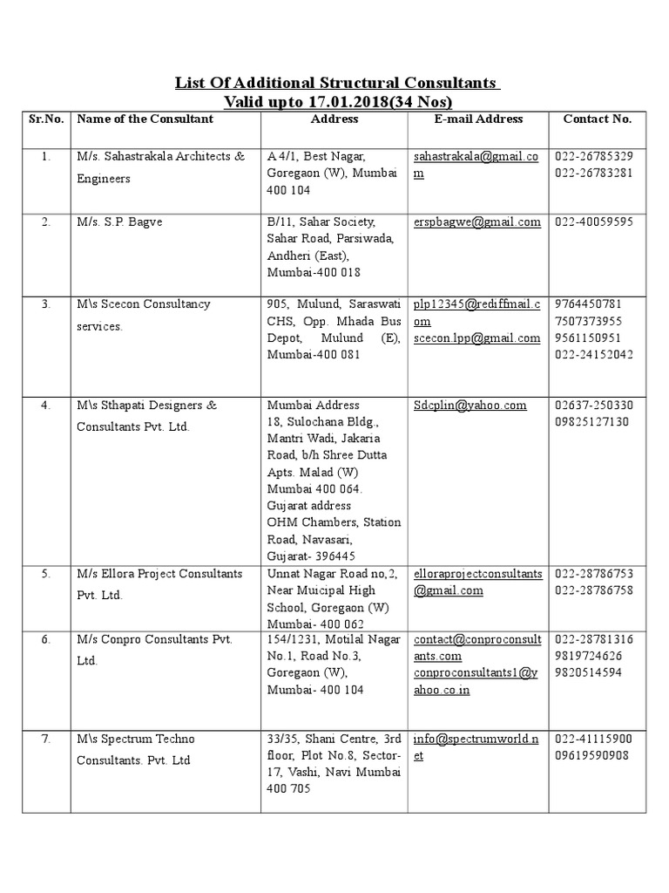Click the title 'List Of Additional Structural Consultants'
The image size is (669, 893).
tap(337, 83)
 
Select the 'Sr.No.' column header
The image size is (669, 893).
tap(46, 119)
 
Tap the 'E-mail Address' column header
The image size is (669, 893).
tap(478, 119)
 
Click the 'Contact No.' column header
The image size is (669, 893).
tap(597, 119)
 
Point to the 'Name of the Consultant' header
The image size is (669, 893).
tap(145, 119)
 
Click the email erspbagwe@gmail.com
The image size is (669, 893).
tap(476, 222)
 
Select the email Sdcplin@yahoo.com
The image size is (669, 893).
tap(470, 405)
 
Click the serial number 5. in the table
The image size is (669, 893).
tap(46, 574)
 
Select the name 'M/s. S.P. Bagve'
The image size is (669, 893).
tap(119, 222)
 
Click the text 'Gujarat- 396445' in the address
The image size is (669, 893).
tap(310, 556)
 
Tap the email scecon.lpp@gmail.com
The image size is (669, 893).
tap(476, 338)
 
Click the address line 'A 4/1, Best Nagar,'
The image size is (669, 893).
tap(316, 156)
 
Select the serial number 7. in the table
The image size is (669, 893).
tap(46, 739)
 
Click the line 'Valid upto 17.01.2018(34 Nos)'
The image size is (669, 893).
tap(337, 101)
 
